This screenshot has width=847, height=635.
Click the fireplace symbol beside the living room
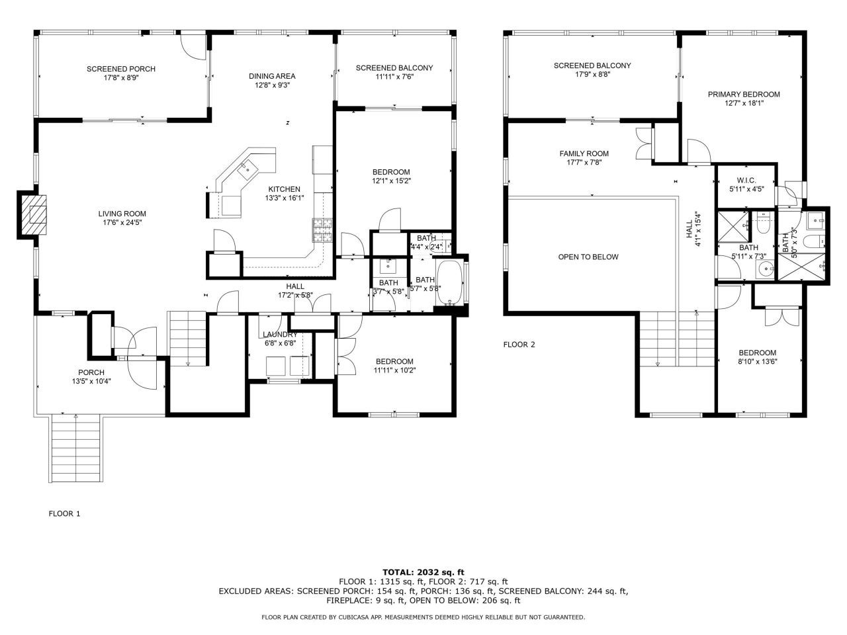[x=32, y=214]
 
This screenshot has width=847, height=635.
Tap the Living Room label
[x=122, y=214]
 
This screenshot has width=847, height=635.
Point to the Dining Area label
[x=271, y=75]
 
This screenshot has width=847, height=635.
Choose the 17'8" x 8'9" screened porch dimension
[x=121, y=77]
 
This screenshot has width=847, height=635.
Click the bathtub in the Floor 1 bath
[x=451, y=283]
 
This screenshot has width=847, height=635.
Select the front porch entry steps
[x=76, y=450]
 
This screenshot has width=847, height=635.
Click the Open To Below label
[x=588, y=257]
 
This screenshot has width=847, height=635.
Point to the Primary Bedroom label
[x=744, y=94]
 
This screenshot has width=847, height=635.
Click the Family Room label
[x=584, y=153]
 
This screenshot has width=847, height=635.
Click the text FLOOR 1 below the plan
[x=64, y=513]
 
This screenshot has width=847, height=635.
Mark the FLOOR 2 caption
[x=519, y=344]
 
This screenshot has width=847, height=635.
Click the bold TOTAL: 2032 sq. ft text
[x=423, y=571]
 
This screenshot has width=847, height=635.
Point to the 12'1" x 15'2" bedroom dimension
[x=391, y=181]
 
